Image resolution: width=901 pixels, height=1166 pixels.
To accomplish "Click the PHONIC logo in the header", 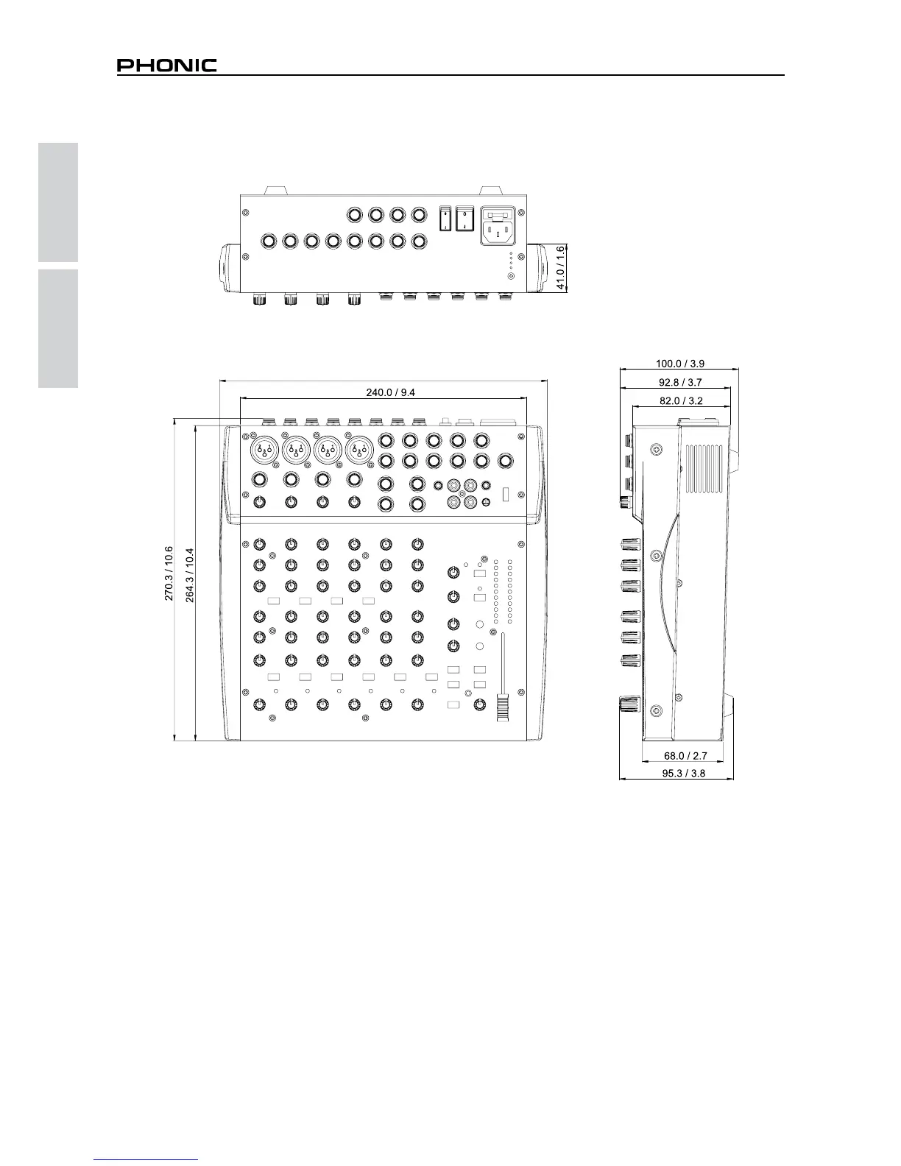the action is [167, 66].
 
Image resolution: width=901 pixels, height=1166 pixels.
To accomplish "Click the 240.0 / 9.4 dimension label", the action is [391, 392].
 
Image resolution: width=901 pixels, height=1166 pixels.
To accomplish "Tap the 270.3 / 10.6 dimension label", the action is [169, 573].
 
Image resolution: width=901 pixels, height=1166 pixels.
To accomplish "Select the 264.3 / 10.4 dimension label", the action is [190, 575].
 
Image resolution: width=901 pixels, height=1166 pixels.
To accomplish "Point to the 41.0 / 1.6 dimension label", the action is [561, 268].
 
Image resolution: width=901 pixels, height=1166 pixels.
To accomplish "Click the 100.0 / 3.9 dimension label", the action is [680, 363].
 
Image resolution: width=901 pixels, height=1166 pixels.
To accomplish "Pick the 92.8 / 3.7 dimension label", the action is [680, 382].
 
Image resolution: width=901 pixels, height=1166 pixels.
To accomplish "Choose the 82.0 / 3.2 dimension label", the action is [680, 401].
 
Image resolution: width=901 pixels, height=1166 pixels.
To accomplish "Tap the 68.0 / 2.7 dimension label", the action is [685, 755].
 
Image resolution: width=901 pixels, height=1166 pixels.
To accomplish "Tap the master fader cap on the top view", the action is [504, 707].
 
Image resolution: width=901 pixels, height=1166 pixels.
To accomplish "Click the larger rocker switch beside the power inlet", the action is [464, 218].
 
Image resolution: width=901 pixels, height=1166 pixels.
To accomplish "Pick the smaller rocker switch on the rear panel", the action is [445, 218].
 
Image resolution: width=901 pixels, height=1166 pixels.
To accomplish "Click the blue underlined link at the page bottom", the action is [146, 1159].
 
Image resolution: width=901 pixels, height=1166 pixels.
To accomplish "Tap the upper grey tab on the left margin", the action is [58, 202].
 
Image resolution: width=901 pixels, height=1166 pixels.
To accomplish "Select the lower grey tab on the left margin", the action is [58, 328].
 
